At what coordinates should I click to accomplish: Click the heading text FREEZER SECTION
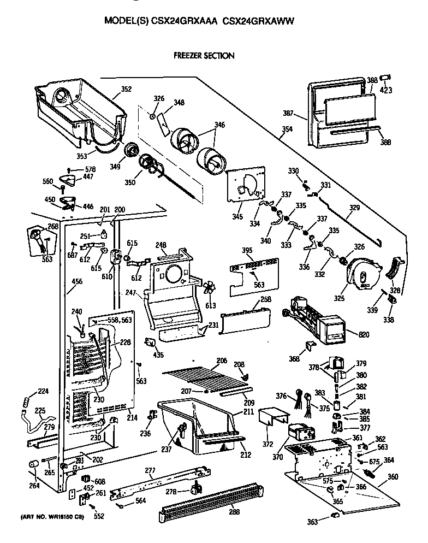pos(204,56)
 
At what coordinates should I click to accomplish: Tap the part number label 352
pos(126,89)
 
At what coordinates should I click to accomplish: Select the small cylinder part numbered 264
pos(34,465)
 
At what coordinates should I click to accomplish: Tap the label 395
pos(247,250)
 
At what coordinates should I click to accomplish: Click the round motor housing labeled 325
pos(361,273)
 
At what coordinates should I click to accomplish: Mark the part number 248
pos(160,245)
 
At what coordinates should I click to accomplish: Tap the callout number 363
pos(312,522)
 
